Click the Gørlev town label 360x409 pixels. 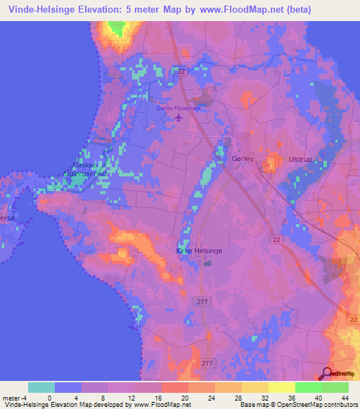pyautogui.click(x=240, y=159)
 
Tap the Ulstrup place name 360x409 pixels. pyautogui.click(x=300, y=160)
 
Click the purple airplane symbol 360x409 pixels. pyautogui.click(x=178, y=118)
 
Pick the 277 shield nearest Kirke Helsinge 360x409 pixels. pyautogui.click(x=201, y=301)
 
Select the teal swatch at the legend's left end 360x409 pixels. pyautogui.click(x=41, y=387)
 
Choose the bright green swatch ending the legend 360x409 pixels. pyautogui.click(x=335, y=387)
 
